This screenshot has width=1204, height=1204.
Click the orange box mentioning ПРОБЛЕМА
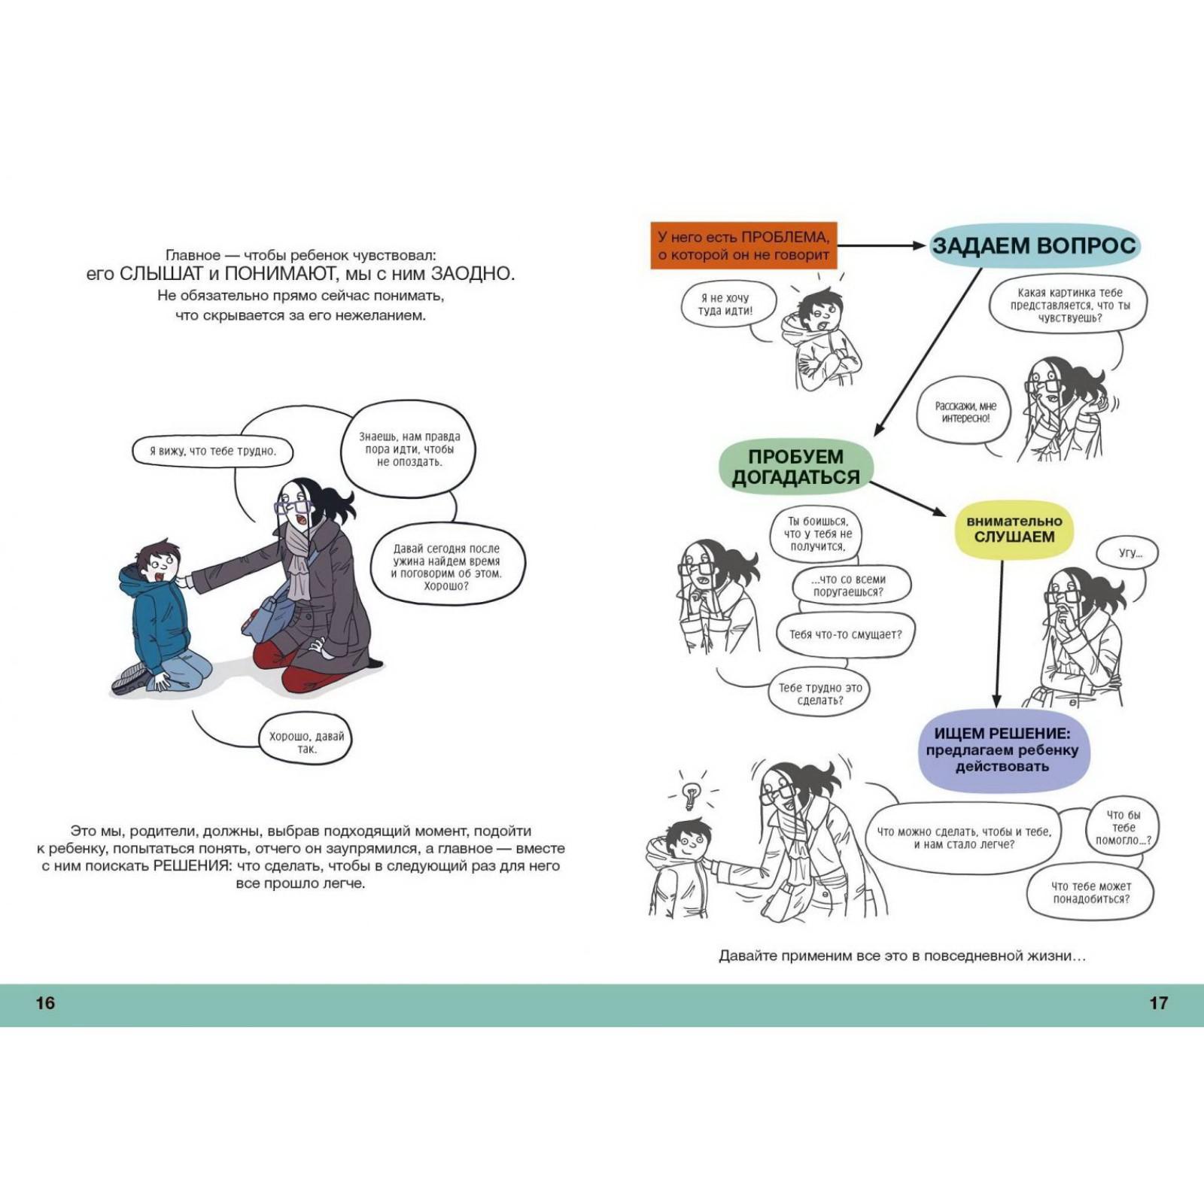(x=743, y=245)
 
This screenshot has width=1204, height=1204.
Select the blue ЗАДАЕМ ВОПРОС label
(x=1034, y=245)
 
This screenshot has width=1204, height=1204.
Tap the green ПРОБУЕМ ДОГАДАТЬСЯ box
(x=796, y=467)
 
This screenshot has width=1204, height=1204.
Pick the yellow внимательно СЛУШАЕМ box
(x=1014, y=529)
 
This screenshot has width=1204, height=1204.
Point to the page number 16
(x=45, y=1003)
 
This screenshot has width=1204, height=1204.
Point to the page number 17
(x=1158, y=1003)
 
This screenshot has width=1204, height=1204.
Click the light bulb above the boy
(x=691, y=794)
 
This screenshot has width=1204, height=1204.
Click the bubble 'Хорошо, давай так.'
(x=306, y=742)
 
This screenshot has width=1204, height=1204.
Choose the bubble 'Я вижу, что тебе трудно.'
(x=213, y=451)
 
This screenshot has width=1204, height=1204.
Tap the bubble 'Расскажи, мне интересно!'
(x=965, y=412)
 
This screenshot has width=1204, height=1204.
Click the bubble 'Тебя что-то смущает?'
(x=845, y=634)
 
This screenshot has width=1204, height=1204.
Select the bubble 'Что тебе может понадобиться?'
(x=1090, y=892)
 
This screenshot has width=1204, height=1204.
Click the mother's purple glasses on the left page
(x=292, y=506)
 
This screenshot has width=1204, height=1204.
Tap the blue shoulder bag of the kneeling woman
(x=269, y=612)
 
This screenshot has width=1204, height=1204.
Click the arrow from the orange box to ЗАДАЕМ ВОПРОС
(x=880, y=245)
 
